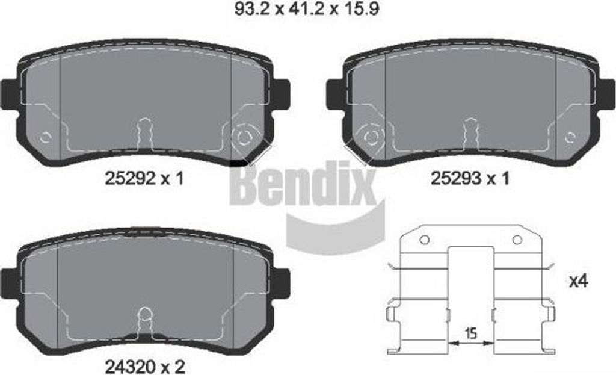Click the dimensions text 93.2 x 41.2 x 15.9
pyautogui.click(x=306, y=8)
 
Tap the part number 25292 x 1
pyautogui.click(x=144, y=179)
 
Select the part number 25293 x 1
pyautogui.click(x=470, y=178)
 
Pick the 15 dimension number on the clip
pyautogui.click(x=470, y=333)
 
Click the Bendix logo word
pyautogui.click(x=303, y=185)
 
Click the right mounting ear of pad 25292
pyautogui.click(x=282, y=93)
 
